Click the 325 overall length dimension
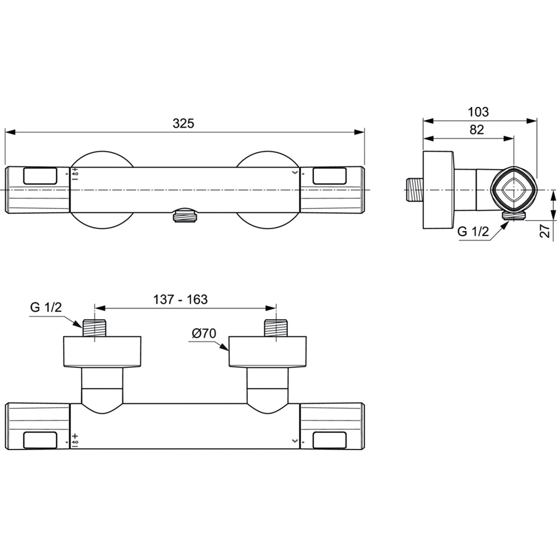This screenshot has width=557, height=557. point(183,124)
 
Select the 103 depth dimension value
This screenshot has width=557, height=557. point(478,112)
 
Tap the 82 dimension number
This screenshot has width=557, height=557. point(476,130)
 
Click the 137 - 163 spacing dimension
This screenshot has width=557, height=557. point(180,299)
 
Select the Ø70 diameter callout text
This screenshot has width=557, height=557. point(204,334)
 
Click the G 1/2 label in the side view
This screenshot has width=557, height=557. point(473,231)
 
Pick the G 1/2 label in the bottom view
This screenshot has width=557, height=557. point(46,307)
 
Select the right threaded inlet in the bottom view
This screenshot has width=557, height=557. point(276,328)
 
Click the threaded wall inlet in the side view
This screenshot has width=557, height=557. point(414,190)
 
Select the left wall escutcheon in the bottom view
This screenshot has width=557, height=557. point(102,352)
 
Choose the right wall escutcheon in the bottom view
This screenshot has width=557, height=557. point(268,352)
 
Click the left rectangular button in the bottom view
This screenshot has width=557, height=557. point(40,440)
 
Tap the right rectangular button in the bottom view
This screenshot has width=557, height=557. point(330,440)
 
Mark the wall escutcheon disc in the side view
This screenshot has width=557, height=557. point(438,190)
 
